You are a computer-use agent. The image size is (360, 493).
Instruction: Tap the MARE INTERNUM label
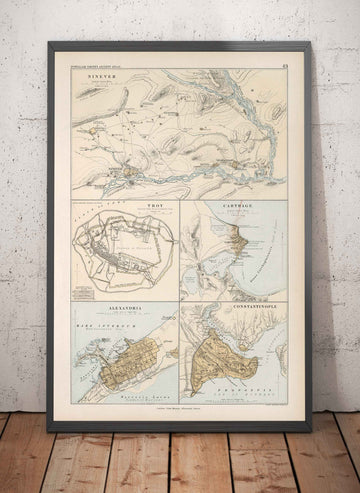pos(99,324)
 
